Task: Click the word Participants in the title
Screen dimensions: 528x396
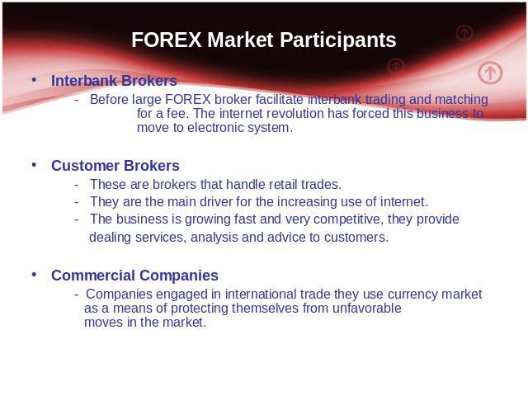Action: [337, 40]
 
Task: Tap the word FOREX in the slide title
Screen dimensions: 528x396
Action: [167, 40]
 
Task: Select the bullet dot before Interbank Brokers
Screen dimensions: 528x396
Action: [34, 80]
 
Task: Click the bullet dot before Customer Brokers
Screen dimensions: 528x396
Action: [34, 165]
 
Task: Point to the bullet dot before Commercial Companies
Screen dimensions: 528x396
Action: [34, 275]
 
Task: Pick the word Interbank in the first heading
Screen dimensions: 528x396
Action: [84, 81]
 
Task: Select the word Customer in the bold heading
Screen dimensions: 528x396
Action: [86, 166]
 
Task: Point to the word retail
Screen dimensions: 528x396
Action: [283, 185]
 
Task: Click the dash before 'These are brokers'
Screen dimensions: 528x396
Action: [77, 185]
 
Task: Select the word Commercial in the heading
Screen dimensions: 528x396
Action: [93, 276]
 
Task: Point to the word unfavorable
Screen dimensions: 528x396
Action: [366, 308]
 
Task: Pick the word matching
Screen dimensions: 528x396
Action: [461, 100]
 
